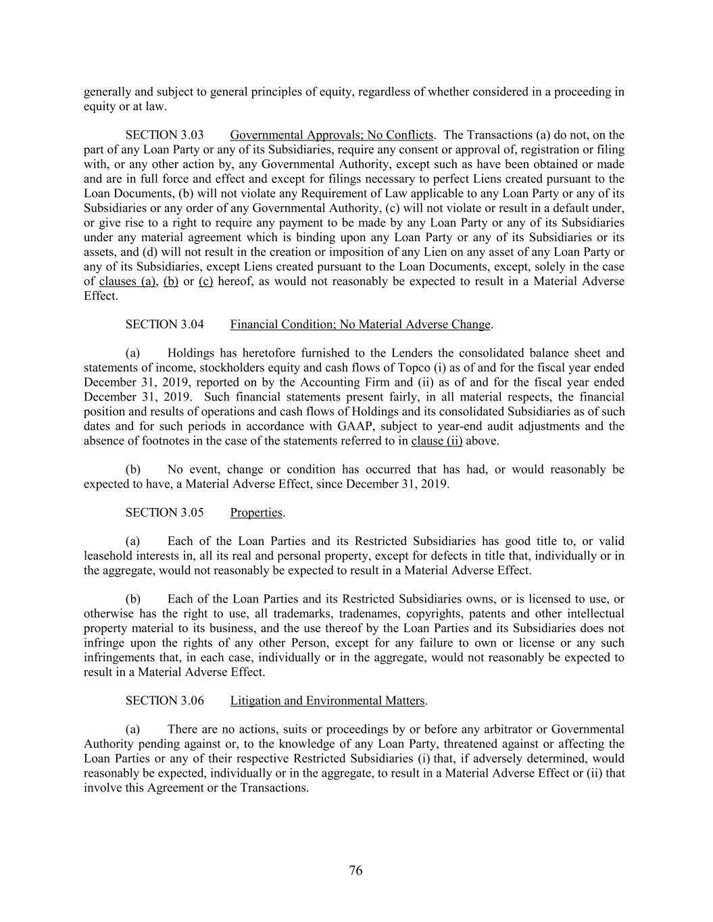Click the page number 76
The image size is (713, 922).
[356, 871]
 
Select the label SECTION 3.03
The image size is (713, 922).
[164, 135]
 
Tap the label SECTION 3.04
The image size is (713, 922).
[164, 324]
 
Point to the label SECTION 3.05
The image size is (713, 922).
[164, 513]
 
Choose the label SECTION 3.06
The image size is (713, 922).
[164, 700]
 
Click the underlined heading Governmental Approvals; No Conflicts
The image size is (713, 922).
[331, 135]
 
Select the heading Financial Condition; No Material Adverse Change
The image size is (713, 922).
[360, 324]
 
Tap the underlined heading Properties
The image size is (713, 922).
[256, 513]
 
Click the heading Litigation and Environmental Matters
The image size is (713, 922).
[328, 700]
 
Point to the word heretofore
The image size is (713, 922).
[264, 353]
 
